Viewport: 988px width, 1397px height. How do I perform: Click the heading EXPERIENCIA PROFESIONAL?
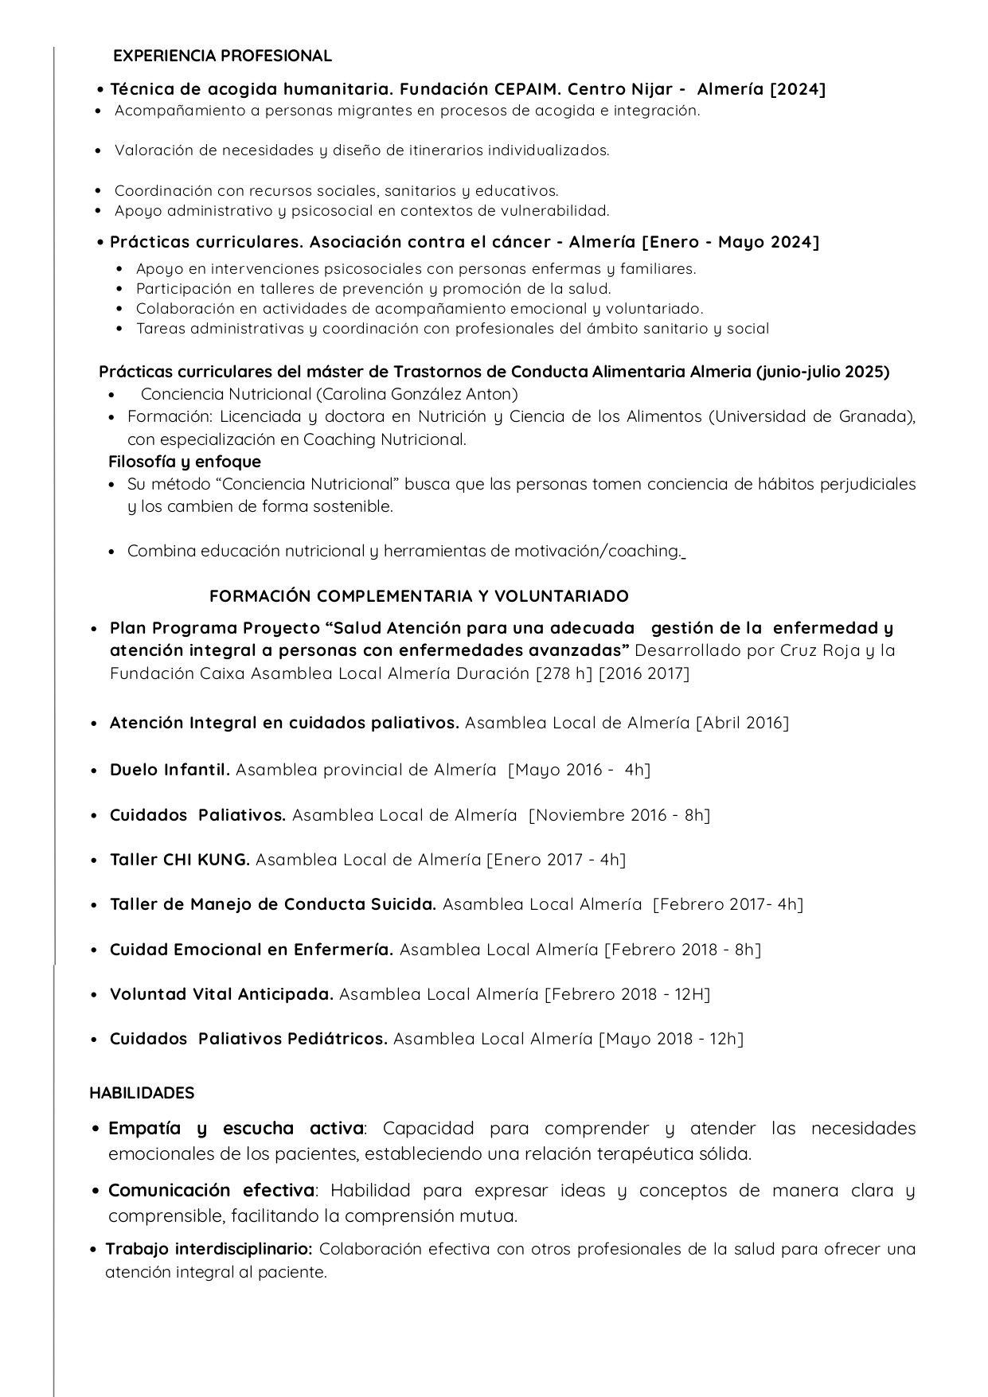pyautogui.click(x=222, y=56)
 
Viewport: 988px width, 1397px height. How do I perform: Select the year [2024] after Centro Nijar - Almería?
pyautogui.click(x=798, y=89)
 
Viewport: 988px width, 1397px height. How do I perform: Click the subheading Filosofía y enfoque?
pyautogui.click(x=185, y=462)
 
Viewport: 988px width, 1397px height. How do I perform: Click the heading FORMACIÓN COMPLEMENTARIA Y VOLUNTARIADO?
pyautogui.click(x=419, y=596)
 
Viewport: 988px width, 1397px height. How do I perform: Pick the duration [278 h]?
pyautogui.click(x=564, y=673)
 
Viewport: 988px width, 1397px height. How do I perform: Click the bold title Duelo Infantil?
pyautogui.click(x=170, y=770)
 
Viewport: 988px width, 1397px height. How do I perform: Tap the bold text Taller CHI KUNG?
pyautogui.click(x=180, y=860)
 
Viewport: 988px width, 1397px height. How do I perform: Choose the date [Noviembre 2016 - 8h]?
pyautogui.click(x=619, y=815)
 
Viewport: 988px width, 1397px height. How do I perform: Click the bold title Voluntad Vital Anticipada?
pyautogui.click(x=221, y=994)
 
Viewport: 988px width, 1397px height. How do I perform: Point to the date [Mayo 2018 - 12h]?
pyautogui.click(x=671, y=1039)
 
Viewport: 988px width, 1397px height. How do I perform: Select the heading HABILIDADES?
pyautogui.click(x=142, y=1093)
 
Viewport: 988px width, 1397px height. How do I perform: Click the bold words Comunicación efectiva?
pyautogui.click(x=212, y=1191)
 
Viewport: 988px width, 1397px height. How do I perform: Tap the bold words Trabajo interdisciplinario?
pyautogui.click(x=209, y=1249)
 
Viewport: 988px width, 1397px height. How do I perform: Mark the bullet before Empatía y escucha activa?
pyautogui.click(x=96, y=1129)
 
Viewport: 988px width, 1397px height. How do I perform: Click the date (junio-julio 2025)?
pyautogui.click(x=822, y=372)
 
